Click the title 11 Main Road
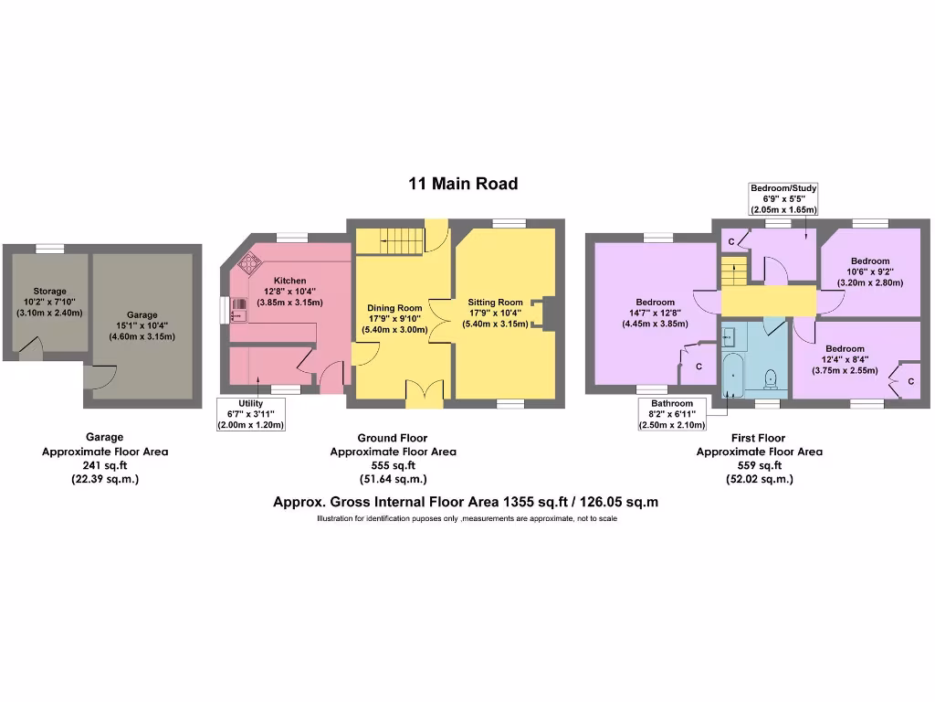click(463, 184)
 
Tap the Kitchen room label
click(290, 292)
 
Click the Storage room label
click(49, 302)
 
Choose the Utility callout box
click(251, 414)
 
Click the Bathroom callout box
click(672, 414)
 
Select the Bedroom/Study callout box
click(783, 198)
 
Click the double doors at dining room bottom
click(423, 392)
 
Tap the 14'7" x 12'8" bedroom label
click(655, 313)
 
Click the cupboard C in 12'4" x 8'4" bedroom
click(909, 380)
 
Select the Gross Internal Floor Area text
click(466, 502)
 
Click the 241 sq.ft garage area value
click(105, 465)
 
